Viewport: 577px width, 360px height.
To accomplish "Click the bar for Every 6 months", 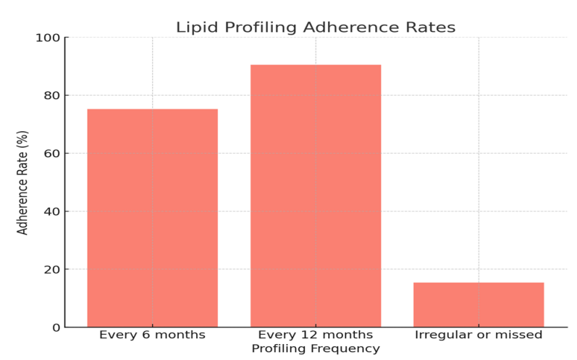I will (x=152, y=217).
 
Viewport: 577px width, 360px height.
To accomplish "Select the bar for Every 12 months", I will (x=315, y=196).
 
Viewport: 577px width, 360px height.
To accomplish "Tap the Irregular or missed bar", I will (x=478, y=304).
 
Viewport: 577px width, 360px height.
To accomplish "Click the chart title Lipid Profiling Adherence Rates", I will (x=315, y=28).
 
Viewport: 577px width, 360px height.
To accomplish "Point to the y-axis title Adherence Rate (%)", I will (x=23, y=183).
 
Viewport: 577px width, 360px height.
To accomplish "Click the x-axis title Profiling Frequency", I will (x=315, y=349).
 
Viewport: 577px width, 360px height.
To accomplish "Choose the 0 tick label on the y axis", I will (x=55, y=327).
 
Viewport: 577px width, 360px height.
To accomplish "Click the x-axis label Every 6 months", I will (x=152, y=335).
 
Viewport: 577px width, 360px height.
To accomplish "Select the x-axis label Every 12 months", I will (x=315, y=335).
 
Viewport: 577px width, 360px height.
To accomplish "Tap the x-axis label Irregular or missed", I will (x=478, y=335).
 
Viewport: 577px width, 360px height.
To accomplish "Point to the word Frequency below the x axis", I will (x=345, y=349).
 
